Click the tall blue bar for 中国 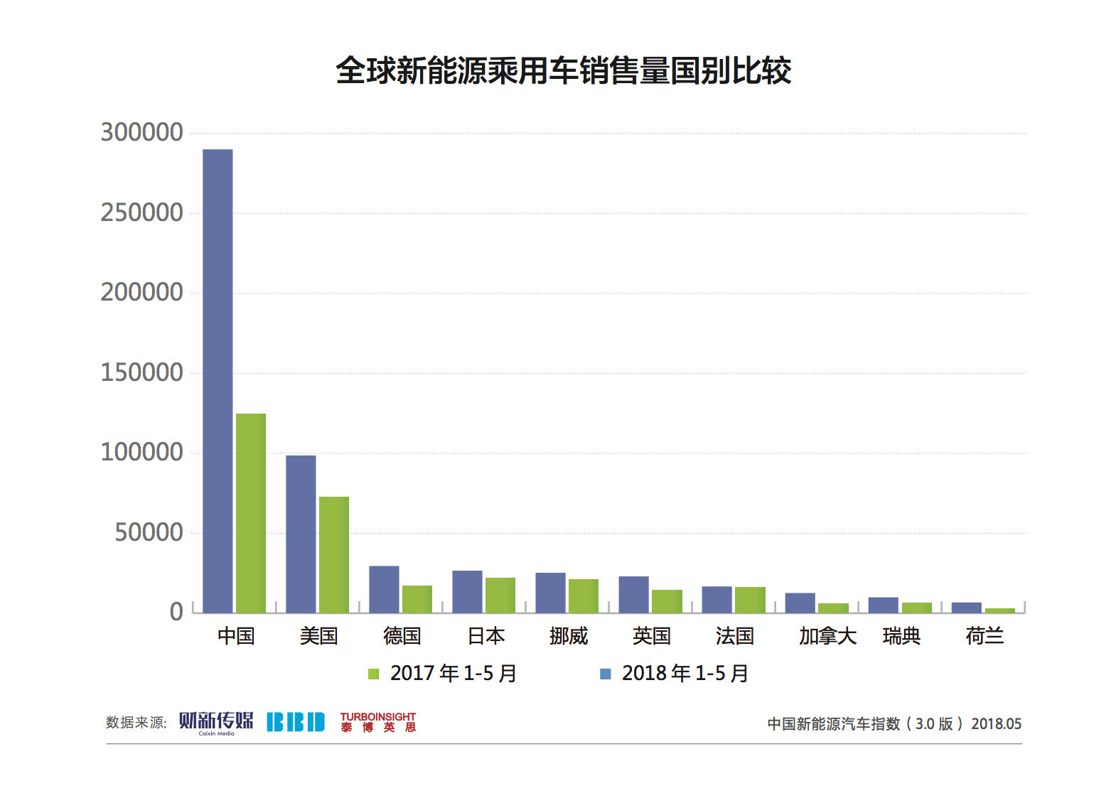tap(218, 381)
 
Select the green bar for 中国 tap(251, 513)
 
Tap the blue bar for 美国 tap(301, 534)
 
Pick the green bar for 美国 tap(334, 554)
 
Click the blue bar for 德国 tap(384, 589)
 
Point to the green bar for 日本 tap(500, 595)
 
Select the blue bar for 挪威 tap(550, 593)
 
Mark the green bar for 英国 tap(667, 601)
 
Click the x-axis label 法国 tap(734, 636)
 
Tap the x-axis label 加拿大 tap(827, 636)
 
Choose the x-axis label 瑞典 tap(901, 636)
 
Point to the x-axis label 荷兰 tap(984, 636)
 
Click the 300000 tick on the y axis tap(142, 133)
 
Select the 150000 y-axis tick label tap(142, 372)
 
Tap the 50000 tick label tap(149, 532)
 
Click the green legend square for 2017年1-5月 tap(373, 674)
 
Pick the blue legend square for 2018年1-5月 tap(606, 674)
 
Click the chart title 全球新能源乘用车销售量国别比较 tap(563, 71)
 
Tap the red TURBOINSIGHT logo tap(377, 722)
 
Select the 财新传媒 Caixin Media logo tap(216, 722)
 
